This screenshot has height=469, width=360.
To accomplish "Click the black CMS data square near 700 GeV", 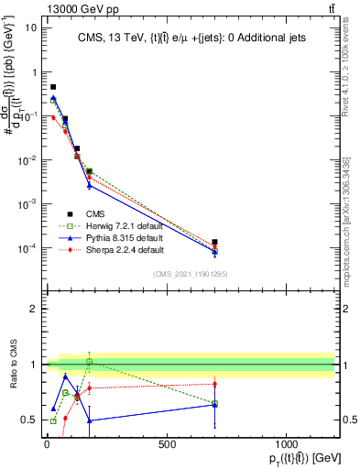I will [x=214, y=243].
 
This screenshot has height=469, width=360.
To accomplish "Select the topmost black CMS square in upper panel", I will [x=53, y=87].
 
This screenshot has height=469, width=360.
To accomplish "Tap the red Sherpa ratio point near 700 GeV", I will [x=214, y=384].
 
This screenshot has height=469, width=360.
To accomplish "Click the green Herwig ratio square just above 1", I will [x=89, y=362].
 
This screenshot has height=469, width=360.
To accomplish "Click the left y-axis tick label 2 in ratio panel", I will [x=33, y=309].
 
